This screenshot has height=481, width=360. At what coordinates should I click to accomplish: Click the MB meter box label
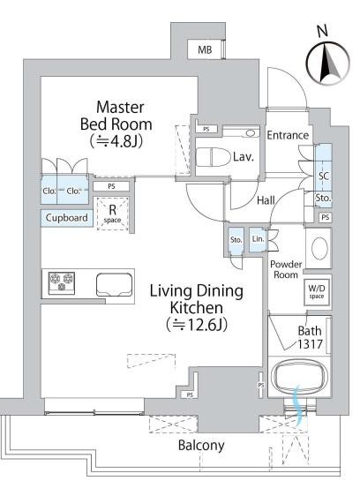pyautogui.click(x=205, y=49)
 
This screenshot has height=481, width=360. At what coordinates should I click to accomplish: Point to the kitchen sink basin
pyautogui.click(x=115, y=285)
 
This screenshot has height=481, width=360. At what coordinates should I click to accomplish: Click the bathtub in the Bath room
pyautogui.click(x=299, y=378)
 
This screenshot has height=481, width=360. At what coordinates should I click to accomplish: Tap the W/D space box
pyautogui.click(x=317, y=292)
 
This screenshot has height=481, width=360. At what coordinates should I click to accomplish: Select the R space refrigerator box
pyautogui.click(x=113, y=214)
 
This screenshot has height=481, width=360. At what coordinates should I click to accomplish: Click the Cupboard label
pyautogui.click(x=66, y=218)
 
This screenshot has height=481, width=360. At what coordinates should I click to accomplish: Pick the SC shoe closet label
pyautogui.click(x=324, y=177)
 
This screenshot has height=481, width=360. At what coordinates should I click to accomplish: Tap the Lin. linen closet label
pyautogui.click(x=258, y=238)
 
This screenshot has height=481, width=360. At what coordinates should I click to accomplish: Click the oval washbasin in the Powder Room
pyautogui.click(x=319, y=247)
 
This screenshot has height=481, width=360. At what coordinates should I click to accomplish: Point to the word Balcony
pyautogui.click(x=201, y=446)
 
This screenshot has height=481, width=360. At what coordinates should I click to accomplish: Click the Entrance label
pyautogui.click(x=288, y=135)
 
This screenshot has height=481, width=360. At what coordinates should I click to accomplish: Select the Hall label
pyautogui.click(x=266, y=200)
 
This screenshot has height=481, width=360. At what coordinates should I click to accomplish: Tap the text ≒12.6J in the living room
pyautogui.click(x=197, y=325)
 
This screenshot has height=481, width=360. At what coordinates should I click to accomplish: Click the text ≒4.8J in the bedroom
pyautogui.click(x=116, y=142)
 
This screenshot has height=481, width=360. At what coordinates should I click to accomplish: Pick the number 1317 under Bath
pyautogui.click(x=310, y=344)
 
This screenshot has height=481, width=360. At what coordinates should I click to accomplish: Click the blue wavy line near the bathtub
pyautogui.click(x=298, y=404)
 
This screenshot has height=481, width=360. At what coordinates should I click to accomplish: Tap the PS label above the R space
pyautogui.click(x=112, y=186)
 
